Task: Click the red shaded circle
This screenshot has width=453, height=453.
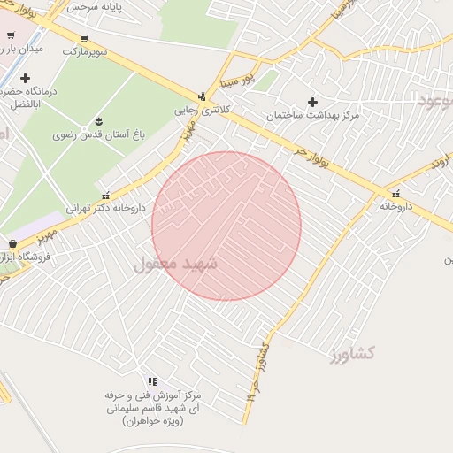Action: click(226, 226)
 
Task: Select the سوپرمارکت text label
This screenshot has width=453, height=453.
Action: click(86, 51)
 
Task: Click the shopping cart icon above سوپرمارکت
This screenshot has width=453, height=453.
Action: click(83, 38)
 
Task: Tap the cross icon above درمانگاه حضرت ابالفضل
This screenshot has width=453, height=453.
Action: click(25, 78)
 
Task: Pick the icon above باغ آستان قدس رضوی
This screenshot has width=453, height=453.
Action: click(97, 121)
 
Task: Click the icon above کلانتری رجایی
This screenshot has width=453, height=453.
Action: click(203, 96)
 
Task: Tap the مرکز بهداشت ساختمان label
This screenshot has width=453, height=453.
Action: click(312, 116)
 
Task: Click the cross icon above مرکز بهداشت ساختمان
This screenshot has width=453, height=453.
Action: click(312, 102)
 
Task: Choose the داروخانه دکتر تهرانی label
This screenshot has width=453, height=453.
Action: click(110, 209)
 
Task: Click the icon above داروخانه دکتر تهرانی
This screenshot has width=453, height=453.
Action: click(106, 196)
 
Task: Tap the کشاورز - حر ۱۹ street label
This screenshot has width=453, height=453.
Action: click(257, 371)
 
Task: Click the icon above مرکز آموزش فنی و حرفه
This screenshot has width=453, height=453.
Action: click(153, 381)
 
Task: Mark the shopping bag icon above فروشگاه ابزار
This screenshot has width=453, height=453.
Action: click(12, 242)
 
